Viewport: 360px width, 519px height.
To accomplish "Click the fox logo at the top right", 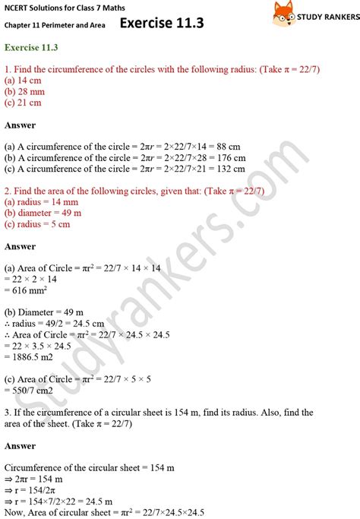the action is tap(283, 13).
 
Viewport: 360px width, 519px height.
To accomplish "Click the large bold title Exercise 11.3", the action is tap(161, 23).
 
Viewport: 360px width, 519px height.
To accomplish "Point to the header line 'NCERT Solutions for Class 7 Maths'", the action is tap(59, 8).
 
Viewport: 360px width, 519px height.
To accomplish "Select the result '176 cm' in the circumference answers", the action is tap(231, 157).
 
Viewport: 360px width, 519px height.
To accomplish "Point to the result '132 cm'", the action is tap(231, 169).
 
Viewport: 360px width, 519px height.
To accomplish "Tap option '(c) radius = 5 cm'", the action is tap(38, 224).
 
